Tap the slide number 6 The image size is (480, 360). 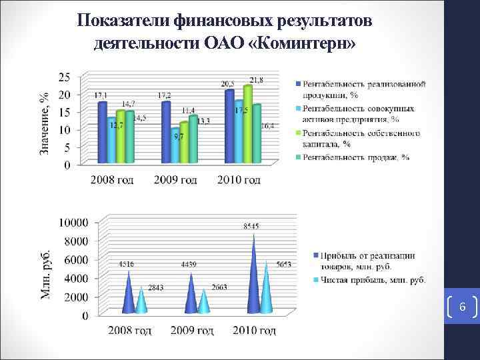pyautogui.click(x=462, y=307)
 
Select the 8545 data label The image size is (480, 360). pyautogui.click(x=252, y=227)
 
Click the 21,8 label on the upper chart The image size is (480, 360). pyautogui.click(x=255, y=80)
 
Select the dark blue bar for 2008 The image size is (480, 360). pyautogui.click(x=102, y=132)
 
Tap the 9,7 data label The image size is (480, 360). pyautogui.click(x=179, y=136)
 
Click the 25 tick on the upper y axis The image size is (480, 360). pyautogui.click(x=65, y=77)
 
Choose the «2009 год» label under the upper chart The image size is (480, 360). pyautogui.click(x=175, y=180)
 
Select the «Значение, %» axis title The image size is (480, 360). pyautogui.click(x=45, y=123)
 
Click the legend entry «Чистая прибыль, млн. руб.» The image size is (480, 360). pyautogui.click(x=373, y=280)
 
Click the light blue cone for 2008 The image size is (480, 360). pyautogui.click(x=141, y=300)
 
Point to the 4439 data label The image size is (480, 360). pyautogui.click(x=189, y=265)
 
